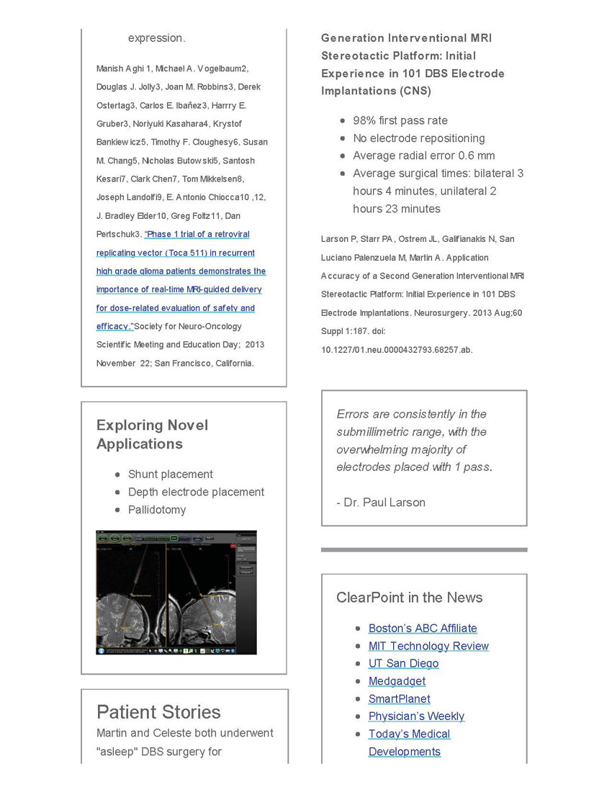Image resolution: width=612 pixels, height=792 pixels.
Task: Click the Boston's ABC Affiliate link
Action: (423, 629)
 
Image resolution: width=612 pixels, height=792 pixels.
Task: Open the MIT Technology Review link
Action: (428, 646)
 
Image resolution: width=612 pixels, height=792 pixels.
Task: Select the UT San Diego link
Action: (403, 663)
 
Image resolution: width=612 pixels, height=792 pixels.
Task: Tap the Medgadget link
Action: (397, 681)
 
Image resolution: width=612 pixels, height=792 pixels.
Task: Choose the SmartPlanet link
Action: (399, 698)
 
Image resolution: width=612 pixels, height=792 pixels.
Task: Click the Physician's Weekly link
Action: (416, 716)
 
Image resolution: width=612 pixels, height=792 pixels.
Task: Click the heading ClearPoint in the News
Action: (409, 598)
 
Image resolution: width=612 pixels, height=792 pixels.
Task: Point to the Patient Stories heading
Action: (158, 712)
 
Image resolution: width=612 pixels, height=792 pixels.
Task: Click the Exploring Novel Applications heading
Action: (153, 434)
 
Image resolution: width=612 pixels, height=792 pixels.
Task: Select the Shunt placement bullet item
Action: (171, 474)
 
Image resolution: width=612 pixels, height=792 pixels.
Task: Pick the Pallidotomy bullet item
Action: (157, 510)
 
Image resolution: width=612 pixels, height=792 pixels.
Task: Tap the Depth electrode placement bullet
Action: (196, 492)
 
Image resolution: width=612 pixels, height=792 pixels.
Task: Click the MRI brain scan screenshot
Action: (176, 593)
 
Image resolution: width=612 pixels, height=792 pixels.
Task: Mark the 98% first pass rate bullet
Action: (400, 120)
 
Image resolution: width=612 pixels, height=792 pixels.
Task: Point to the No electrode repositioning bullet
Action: (418, 138)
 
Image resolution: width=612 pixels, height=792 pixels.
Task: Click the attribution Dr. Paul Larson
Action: (381, 503)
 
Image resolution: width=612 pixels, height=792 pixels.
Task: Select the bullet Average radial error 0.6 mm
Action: (423, 156)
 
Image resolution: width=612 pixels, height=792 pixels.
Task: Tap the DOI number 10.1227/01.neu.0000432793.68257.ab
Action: (397, 350)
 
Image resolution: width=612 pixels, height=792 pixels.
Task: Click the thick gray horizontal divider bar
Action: (424, 549)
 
